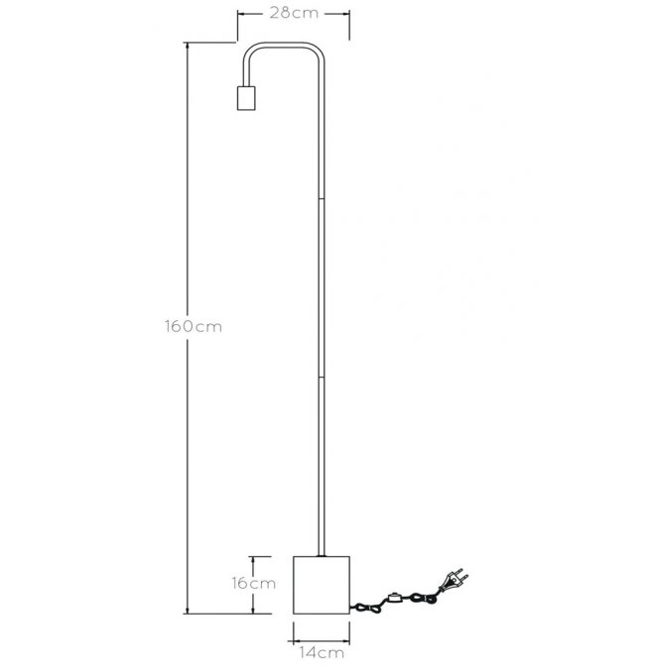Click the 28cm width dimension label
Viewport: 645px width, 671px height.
[294, 13]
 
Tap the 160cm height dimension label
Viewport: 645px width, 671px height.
[193, 326]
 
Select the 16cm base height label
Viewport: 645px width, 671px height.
[254, 583]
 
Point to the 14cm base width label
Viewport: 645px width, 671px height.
[322, 652]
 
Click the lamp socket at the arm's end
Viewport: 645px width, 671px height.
[246, 98]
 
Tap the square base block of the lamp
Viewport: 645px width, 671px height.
[322, 585]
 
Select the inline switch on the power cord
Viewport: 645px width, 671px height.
[394, 598]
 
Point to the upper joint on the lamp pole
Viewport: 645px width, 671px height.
[322, 199]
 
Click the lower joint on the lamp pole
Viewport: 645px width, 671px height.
[322, 377]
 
